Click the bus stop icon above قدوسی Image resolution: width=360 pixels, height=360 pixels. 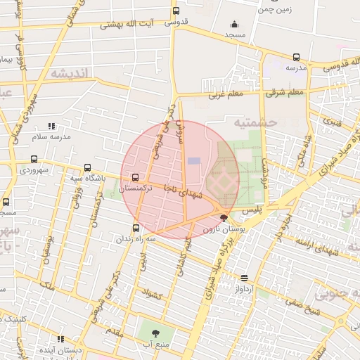(176, 11)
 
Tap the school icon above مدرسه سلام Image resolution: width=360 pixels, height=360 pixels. (50, 125)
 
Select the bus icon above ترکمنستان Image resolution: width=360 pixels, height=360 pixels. (135, 177)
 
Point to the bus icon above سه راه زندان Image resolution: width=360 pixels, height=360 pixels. (136, 227)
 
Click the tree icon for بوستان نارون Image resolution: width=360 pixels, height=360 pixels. (224, 218)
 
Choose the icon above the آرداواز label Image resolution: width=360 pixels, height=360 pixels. (244, 278)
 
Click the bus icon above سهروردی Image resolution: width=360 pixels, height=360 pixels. (34, 159)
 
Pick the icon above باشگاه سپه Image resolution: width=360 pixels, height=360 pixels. (87, 167)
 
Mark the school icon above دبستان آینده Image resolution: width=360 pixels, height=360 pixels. (60, 339)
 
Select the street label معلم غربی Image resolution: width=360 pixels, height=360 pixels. (226, 94)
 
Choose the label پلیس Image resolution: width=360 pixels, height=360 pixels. (252, 210)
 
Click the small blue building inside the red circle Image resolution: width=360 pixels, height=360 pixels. (194, 162)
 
